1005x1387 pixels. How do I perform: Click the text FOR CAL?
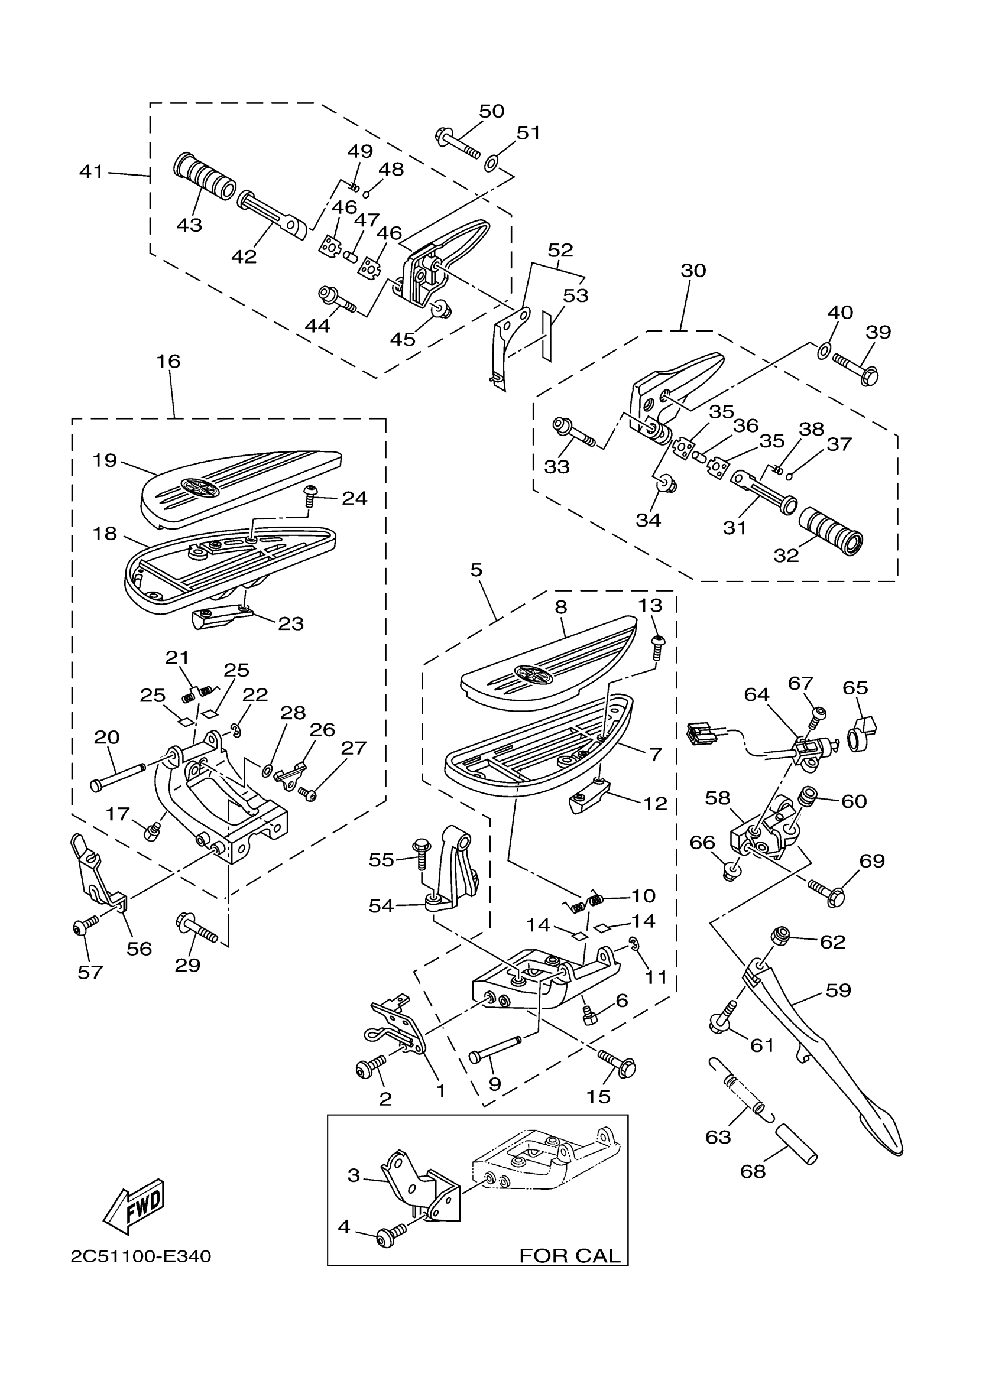point(569,1256)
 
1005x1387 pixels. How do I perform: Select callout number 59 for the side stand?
point(838,990)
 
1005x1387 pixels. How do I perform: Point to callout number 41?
point(91,172)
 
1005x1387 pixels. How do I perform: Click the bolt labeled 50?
point(458,142)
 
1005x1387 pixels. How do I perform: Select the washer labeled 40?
point(824,350)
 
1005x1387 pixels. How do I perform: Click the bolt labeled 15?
point(617,1063)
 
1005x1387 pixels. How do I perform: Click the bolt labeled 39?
point(857,369)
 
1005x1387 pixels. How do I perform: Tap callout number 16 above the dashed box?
point(168,362)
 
